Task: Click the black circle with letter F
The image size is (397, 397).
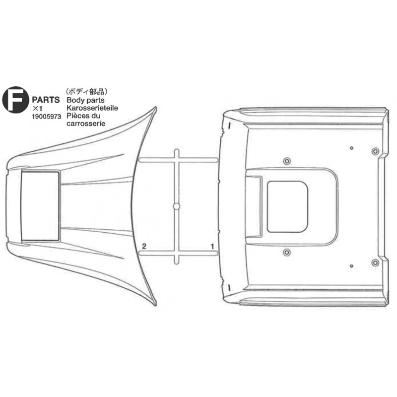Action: tap(15, 100)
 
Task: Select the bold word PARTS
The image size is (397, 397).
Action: tap(46, 100)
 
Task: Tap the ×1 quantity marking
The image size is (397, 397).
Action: tap(37, 109)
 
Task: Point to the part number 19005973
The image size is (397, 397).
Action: tap(47, 117)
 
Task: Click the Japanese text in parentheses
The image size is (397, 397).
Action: tap(86, 92)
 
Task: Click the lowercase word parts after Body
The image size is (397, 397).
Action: tap(94, 101)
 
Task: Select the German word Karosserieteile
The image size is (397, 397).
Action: tap(92, 108)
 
